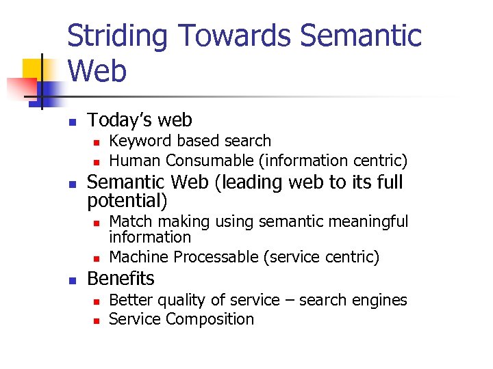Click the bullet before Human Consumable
pos(97,163)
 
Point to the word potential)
pos(127,201)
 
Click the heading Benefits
pos(121,279)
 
